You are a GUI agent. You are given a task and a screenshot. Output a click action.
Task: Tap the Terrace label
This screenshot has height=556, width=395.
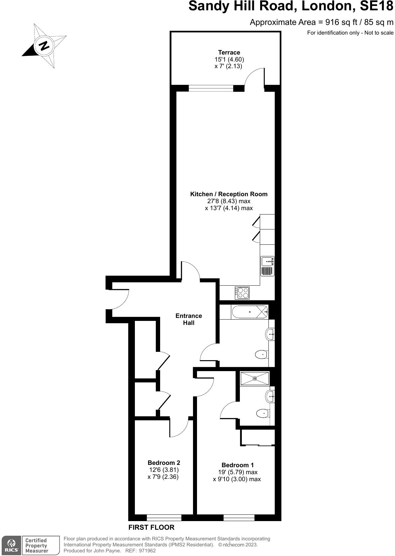click(x=229, y=52)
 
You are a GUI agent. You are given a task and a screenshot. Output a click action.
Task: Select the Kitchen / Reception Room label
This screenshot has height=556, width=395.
click(x=229, y=194)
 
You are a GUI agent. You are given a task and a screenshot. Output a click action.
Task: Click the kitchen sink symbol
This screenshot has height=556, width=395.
click(x=267, y=266)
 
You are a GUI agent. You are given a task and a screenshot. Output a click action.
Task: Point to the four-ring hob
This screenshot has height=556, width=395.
click(x=242, y=293)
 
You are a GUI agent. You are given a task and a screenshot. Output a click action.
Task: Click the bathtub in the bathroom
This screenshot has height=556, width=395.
click(x=249, y=312)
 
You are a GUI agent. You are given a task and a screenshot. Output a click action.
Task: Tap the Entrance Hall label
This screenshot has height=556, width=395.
click(x=189, y=319)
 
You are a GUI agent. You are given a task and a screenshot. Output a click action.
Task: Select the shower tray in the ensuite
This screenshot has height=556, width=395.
click(x=255, y=378)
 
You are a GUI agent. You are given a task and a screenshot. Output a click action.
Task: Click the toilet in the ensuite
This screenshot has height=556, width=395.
click(x=262, y=414)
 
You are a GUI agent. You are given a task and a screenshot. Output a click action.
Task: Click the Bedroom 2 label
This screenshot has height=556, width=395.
click(x=164, y=463)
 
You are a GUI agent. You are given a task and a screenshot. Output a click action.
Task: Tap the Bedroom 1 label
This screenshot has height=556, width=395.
click(x=238, y=465)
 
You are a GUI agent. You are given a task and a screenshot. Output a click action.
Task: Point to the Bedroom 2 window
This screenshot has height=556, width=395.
click(x=164, y=517)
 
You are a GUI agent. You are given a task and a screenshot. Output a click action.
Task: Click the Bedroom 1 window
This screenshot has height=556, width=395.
click(x=239, y=517)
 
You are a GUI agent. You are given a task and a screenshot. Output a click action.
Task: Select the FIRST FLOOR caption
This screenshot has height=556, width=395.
click(x=151, y=527)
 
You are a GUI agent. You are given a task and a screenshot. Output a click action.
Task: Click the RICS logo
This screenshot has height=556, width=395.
click(x=11, y=546)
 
